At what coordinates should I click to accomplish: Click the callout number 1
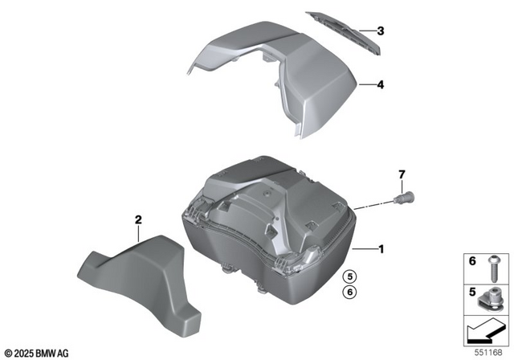click(x=381, y=249)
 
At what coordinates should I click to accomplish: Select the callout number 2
click(x=138, y=219)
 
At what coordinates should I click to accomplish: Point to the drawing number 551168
click(x=491, y=351)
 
